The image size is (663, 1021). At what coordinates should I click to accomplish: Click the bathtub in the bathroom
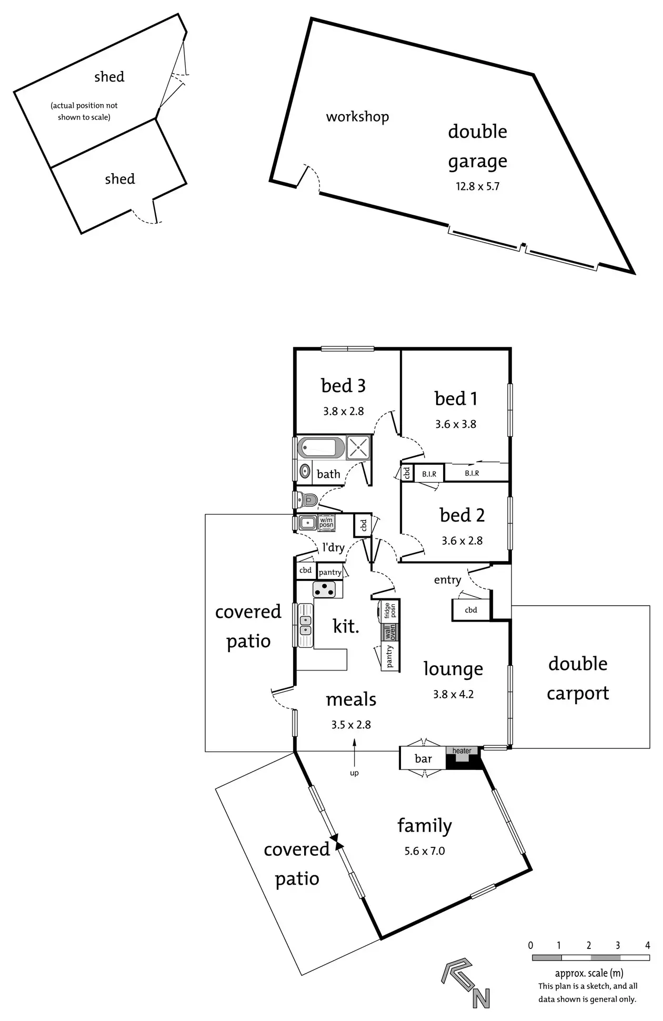[321, 448]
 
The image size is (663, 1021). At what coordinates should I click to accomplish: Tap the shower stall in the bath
[358, 448]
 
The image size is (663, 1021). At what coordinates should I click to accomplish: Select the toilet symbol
[308, 498]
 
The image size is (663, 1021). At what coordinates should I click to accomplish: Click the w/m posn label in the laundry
[326, 523]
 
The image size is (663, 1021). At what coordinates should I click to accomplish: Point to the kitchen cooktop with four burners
[325, 589]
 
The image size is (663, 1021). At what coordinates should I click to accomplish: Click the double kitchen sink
[305, 625]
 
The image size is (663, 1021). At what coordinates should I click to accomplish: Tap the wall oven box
[390, 632]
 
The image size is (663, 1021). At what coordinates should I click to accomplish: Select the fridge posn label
[390, 610]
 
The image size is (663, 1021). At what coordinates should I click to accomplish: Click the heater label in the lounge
[462, 751]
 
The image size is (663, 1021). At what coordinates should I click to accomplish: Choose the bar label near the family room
[423, 758]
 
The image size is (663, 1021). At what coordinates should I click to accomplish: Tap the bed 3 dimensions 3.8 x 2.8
[344, 411]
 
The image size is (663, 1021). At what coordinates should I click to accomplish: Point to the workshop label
[357, 116]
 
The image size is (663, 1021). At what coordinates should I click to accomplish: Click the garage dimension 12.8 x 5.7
[477, 186]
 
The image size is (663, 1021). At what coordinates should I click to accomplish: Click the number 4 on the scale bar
[647, 945]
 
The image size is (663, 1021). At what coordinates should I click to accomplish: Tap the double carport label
[578, 678]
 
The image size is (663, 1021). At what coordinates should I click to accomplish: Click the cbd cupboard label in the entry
[471, 610]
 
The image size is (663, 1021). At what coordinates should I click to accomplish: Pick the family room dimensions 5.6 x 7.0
[425, 851]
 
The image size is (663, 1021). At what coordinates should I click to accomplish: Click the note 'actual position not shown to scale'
[84, 111]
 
